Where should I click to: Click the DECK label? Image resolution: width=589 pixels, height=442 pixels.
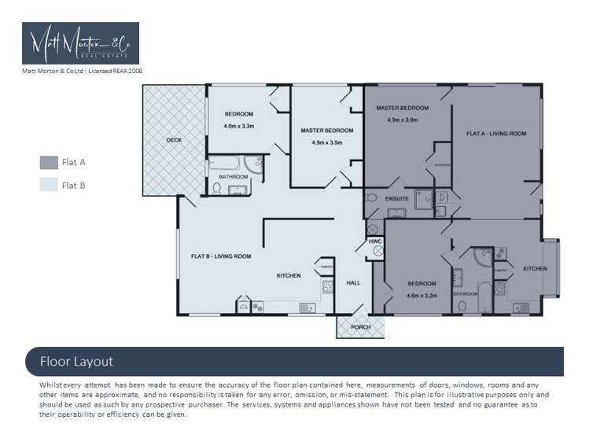pos(174,141)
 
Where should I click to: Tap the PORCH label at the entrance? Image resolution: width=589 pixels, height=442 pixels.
pos(360,326)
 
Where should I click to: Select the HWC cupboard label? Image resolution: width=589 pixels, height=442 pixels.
pos(375,241)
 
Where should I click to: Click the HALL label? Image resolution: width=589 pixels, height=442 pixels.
pos(354,282)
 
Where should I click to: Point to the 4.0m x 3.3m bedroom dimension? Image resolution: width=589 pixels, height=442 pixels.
pos(239,126)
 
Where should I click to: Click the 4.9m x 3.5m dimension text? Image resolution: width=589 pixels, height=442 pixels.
pos(327,142)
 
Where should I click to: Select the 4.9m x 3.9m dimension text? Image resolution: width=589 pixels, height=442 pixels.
pos(402,120)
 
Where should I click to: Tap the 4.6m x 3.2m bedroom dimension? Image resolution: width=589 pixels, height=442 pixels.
pos(422,296)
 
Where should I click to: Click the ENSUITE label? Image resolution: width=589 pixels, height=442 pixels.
pos(397,199)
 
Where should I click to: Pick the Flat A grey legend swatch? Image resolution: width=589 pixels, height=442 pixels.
pos(49,163)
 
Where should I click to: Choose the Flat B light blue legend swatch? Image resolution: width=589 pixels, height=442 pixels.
pos(49,186)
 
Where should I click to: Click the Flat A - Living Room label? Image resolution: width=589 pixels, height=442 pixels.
pos(495,134)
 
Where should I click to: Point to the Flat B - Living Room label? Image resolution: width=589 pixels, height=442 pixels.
pos(221,256)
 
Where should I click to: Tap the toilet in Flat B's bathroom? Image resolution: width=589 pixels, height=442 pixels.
pos(217,189)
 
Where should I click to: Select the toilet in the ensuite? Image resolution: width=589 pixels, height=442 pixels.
pos(373,198)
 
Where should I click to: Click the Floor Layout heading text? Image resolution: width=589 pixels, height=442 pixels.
pos(76,362)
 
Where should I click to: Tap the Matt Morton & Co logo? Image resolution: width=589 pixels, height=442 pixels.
pos(80,43)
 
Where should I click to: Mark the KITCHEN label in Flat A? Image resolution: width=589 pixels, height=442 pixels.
pos(535,269)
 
